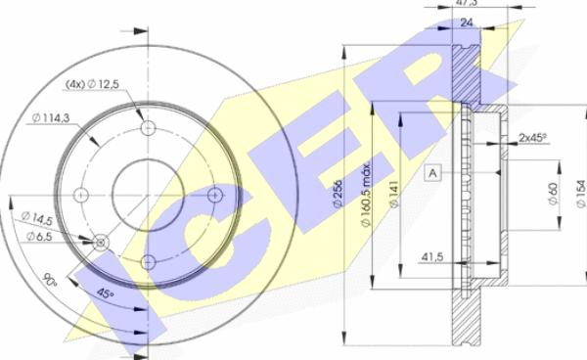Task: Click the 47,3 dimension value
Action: click(468, 4)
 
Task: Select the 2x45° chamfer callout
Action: click(533, 137)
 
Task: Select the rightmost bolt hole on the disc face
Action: click(213, 195)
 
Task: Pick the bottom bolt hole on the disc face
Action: click(147, 261)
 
